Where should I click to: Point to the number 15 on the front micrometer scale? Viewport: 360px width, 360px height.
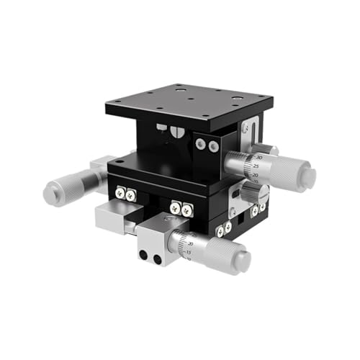coord(188,253)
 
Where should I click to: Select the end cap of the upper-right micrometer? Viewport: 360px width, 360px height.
coord(309,175)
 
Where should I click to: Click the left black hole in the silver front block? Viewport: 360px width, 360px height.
coord(143,256)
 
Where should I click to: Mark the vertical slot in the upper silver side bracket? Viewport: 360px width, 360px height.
coord(247,130)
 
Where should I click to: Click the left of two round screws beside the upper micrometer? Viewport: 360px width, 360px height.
coord(199,145)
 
